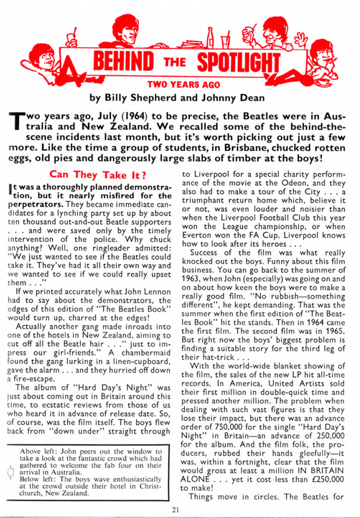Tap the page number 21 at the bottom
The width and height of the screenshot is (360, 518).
tap(174, 509)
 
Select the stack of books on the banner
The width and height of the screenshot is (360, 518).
tap(193, 44)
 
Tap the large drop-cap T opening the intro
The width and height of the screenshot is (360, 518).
tap(17, 123)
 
